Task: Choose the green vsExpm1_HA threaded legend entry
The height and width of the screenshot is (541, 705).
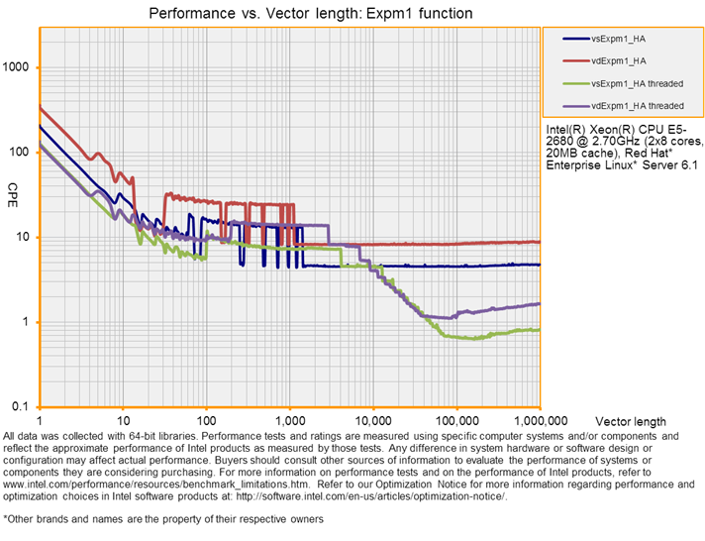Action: coord(636,83)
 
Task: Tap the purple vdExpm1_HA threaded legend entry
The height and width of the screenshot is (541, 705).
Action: coord(636,105)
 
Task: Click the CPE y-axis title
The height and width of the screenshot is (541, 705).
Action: coord(13,189)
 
